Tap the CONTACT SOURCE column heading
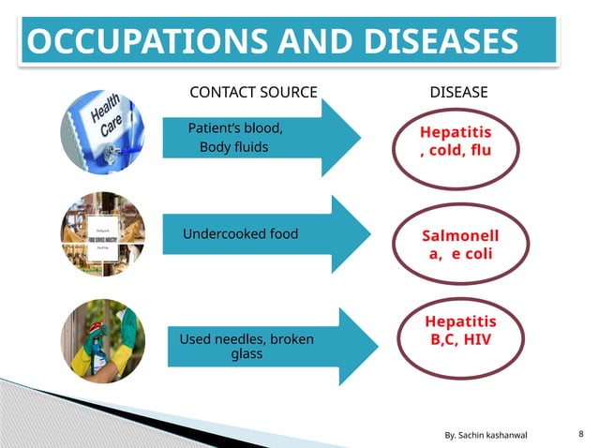click(x=253, y=92)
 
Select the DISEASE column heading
click(x=458, y=92)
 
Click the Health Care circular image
click(x=103, y=131)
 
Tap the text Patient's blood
click(x=235, y=128)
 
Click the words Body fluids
click(x=233, y=147)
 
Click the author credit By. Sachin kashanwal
click(x=486, y=436)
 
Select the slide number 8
click(x=582, y=435)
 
